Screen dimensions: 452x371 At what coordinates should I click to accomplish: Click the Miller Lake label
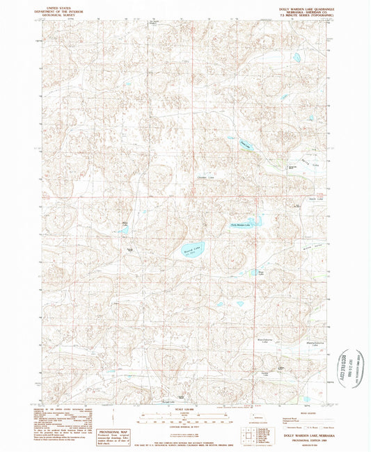pos(125,224)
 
